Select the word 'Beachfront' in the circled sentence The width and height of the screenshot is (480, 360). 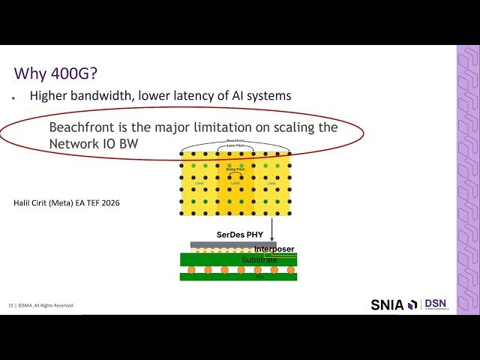point(83,127)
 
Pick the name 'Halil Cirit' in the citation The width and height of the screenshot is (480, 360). point(30,202)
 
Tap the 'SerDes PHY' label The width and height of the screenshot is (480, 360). point(239,235)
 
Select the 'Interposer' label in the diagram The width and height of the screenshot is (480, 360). point(274,249)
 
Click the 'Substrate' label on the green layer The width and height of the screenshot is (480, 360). point(260,259)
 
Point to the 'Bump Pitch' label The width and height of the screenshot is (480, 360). point(236,169)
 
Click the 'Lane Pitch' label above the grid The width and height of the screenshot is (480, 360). point(235,144)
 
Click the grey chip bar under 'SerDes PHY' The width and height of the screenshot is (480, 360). point(225,244)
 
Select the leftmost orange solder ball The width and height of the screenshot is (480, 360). point(191,269)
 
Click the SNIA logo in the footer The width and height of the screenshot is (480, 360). point(393,304)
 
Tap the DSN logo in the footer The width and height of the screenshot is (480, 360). point(436,304)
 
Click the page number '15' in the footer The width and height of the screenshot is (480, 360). point(11,305)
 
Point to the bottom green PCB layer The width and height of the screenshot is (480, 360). point(238,277)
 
